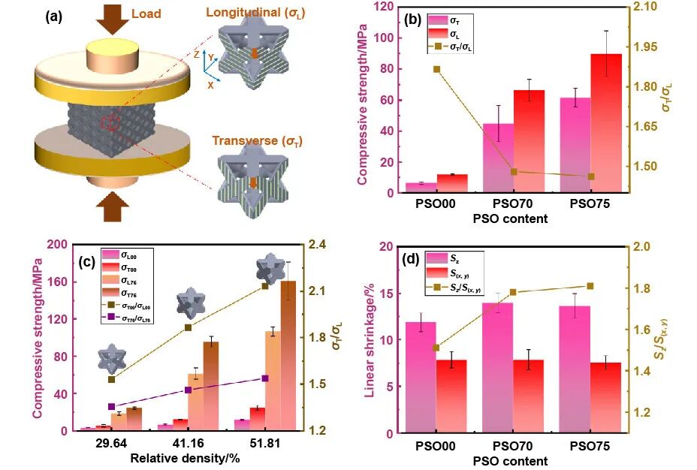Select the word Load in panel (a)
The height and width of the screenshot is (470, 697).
click(146, 14)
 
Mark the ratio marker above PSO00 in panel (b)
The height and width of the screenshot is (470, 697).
click(436, 70)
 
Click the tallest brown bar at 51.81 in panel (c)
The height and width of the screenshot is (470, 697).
click(288, 353)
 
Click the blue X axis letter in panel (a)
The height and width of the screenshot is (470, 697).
click(211, 85)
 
